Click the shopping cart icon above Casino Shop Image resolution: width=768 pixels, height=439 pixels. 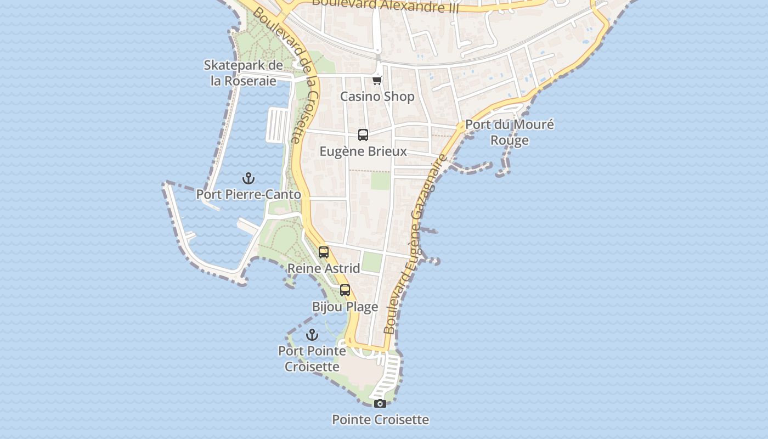[x=377, y=81]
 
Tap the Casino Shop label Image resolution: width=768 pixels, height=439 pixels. [x=377, y=97]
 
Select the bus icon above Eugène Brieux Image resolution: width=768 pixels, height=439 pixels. [x=363, y=135]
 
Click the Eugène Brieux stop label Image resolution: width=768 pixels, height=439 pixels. [x=363, y=151]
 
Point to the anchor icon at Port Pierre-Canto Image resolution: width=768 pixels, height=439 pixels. [x=249, y=178]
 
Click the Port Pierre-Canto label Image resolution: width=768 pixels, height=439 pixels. [x=249, y=195]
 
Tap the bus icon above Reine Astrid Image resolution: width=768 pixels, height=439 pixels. [x=324, y=252]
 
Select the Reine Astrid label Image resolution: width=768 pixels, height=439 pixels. [x=324, y=268]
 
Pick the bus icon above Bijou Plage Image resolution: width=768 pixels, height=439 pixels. [x=345, y=290]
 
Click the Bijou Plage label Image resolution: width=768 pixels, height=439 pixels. [x=345, y=307]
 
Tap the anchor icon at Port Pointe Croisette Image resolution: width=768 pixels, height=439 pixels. [x=312, y=335]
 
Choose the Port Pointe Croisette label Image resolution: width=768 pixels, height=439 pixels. [x=312, y=358]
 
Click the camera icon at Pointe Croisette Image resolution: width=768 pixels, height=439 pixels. [x=380, y=404]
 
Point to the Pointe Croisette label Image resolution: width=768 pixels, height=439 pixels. [x=380, y=420]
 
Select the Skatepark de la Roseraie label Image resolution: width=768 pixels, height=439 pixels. [x=244, y=73]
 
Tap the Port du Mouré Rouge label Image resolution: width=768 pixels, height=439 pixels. [x=510, y=132]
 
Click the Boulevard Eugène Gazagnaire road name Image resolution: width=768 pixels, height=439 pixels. [x=416, y=244]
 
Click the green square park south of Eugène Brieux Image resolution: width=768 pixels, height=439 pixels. [x=380, y=181]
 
